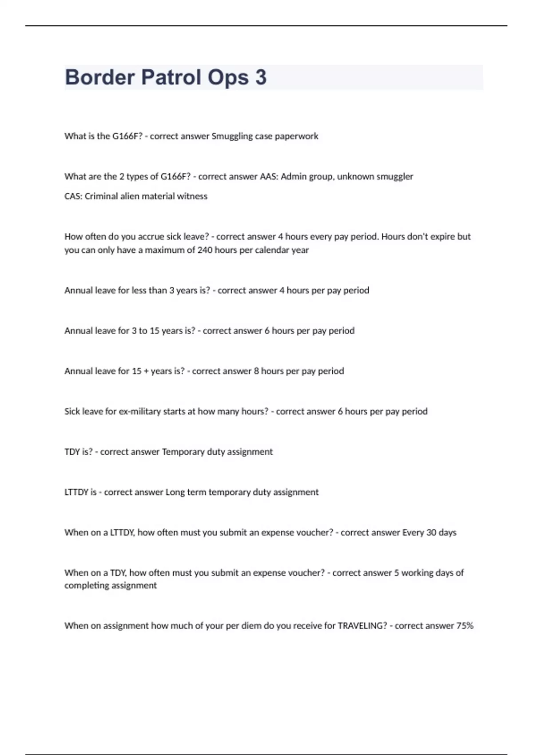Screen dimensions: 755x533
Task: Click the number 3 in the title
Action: (x=261, y=77)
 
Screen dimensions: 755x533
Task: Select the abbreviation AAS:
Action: (x=268, y=176)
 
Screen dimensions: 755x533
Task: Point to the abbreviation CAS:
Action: (x=73, y=196)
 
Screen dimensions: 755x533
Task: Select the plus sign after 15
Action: (x=146, y=371)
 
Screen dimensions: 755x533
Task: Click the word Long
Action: (x=175, y=493)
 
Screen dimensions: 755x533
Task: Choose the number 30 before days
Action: (x=431, y=532)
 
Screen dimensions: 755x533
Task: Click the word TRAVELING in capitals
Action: (x=362, y=626)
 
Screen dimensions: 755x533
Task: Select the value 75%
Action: (x=465, y=626)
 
